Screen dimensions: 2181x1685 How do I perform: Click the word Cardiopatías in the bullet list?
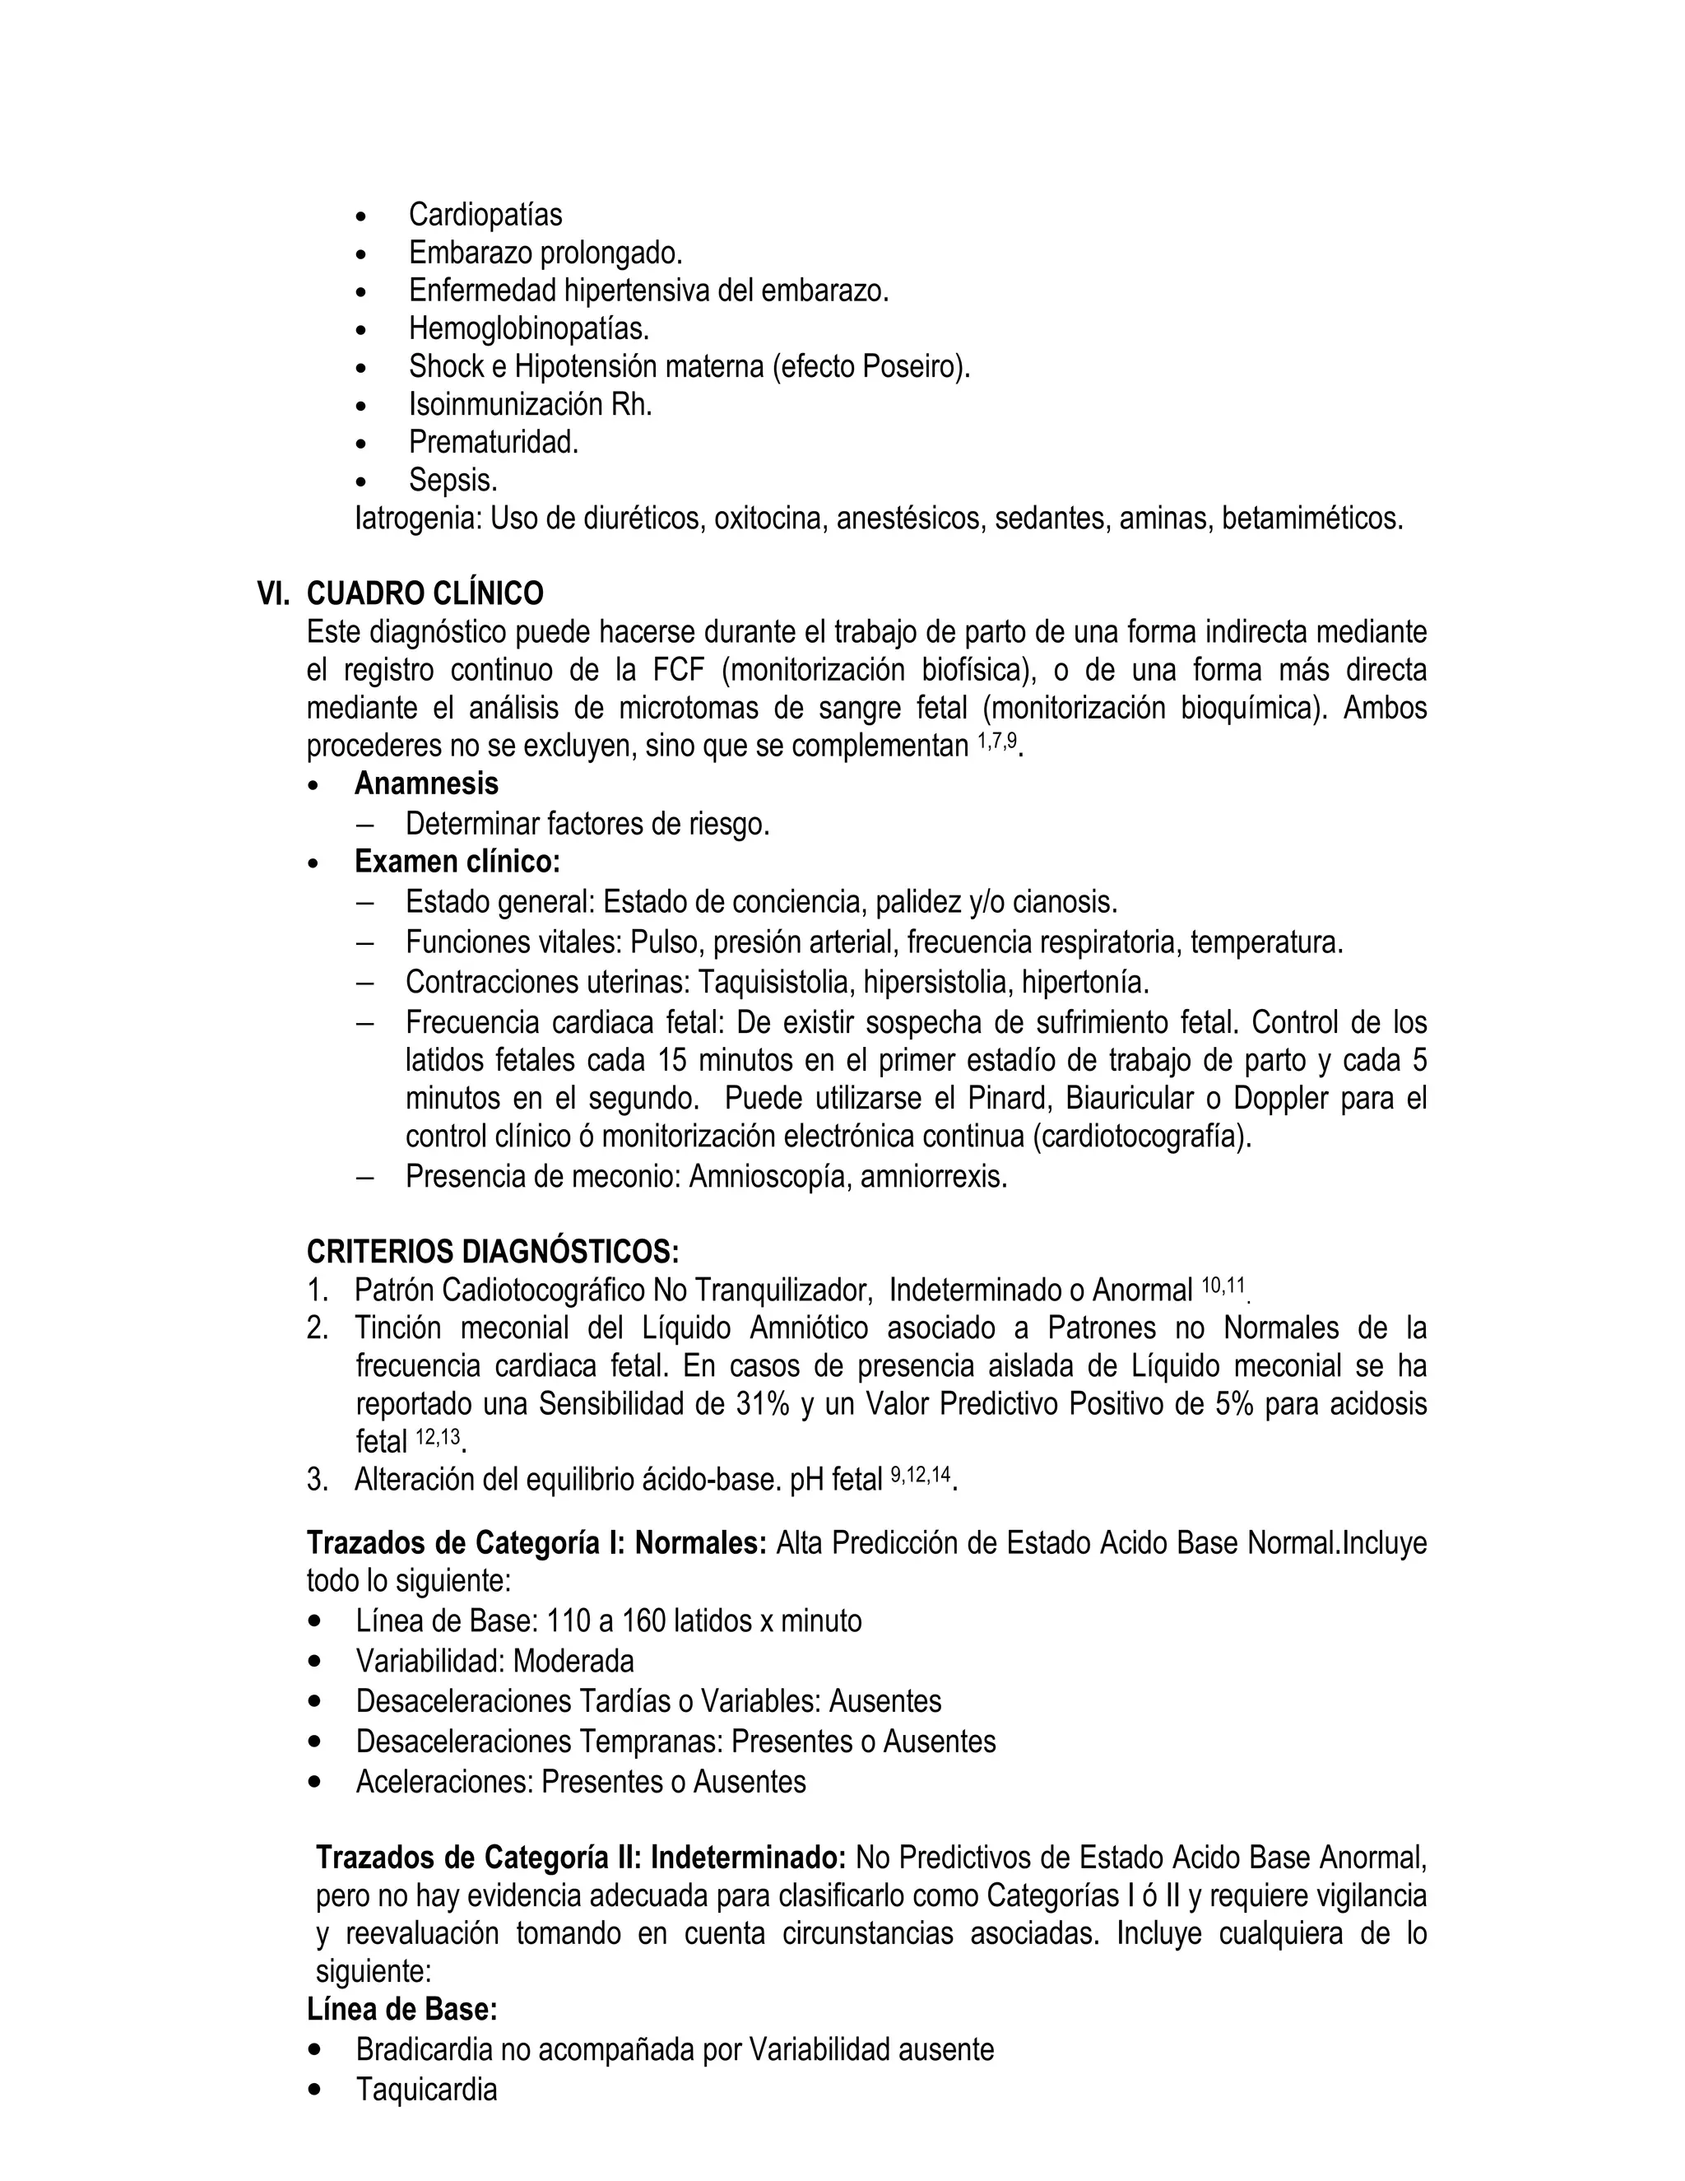click(x=485, y=215)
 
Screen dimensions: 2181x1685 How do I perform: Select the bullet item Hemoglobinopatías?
click(x=528, y=328)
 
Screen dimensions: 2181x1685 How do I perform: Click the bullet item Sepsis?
click(x=453, y=481)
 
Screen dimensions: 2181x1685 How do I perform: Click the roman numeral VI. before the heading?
click(x=272, y=594)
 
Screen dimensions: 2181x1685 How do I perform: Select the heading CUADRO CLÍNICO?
click(x=425, y=594)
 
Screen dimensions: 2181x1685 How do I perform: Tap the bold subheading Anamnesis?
click(x=426, y=784)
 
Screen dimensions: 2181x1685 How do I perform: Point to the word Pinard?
click(x=1010, y=1099)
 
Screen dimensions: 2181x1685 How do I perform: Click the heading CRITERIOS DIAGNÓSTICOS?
click(x=492, y=1251)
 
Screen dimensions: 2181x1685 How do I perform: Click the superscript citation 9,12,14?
click(x=921, y=1475)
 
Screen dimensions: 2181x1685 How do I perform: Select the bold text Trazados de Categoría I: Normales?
click(x=536, y=1543)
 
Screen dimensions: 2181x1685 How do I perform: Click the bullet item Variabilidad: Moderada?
click(x=494, y=1661)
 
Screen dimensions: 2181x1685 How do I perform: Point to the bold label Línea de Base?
click(x=402, y=2008)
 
